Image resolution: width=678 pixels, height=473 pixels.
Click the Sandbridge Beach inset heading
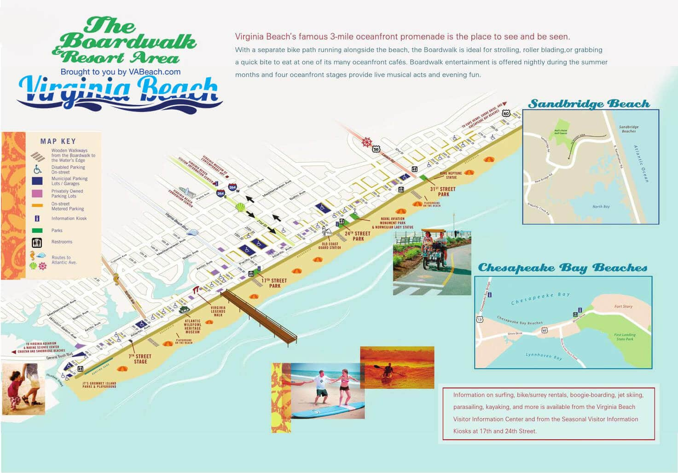[589, 104]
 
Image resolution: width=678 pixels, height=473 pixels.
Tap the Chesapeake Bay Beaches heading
[562, 268]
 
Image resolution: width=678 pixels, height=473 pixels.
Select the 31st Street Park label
[443, 192]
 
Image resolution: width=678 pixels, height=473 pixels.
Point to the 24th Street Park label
[358, 236]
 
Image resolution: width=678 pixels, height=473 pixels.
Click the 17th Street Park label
[274, 283]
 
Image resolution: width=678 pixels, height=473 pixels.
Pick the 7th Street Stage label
[140, 359]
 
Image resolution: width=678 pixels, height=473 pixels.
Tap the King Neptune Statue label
[451, 175]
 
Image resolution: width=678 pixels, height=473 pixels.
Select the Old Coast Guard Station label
[330, 246]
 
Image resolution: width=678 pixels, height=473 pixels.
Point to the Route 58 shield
[377, 149]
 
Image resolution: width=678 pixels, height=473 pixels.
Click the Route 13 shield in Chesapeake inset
[480, 320]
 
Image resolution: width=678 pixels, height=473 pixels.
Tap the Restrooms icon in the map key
[37, 242]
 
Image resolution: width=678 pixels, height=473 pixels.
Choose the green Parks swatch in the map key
[37, 230]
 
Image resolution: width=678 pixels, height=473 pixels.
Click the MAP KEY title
[58, 141]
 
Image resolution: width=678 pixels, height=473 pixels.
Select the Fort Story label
[623, 306]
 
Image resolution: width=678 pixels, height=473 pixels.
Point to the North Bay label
[601, 206]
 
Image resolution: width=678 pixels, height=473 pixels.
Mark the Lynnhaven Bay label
[543, 356]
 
